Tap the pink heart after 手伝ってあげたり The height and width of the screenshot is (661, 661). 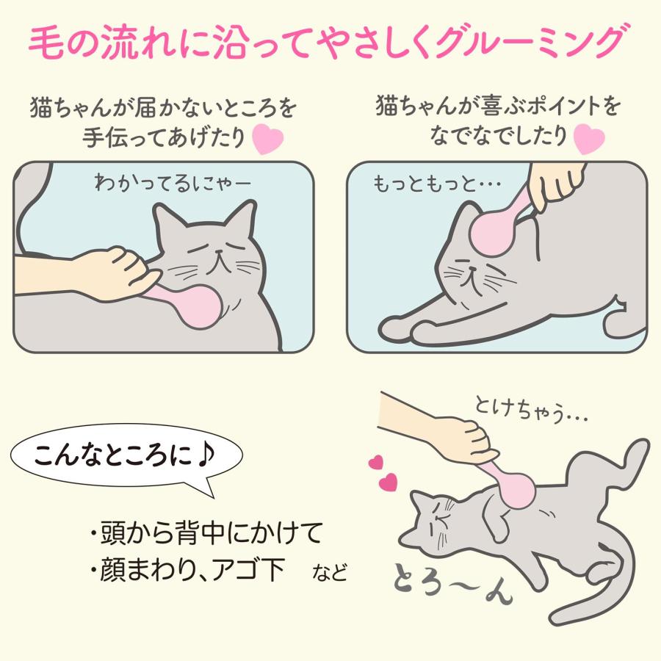tap(267, 139)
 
